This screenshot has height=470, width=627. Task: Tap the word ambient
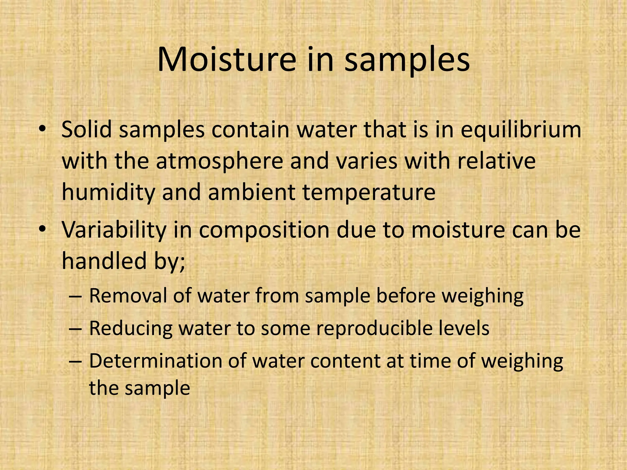point(252,192)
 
